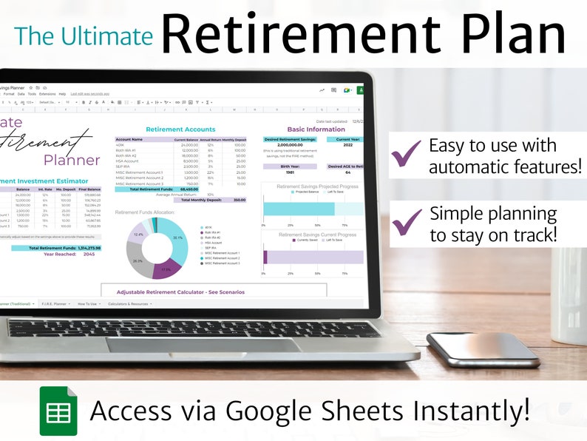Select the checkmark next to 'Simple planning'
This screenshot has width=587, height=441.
point(407,222)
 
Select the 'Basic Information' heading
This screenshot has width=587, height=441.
point(316,129)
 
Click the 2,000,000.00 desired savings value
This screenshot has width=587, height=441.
point(290,145)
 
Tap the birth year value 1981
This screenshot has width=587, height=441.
point(290,172)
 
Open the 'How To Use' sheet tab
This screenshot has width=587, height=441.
point(87,303)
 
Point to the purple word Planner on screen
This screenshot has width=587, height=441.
point(71,160)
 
